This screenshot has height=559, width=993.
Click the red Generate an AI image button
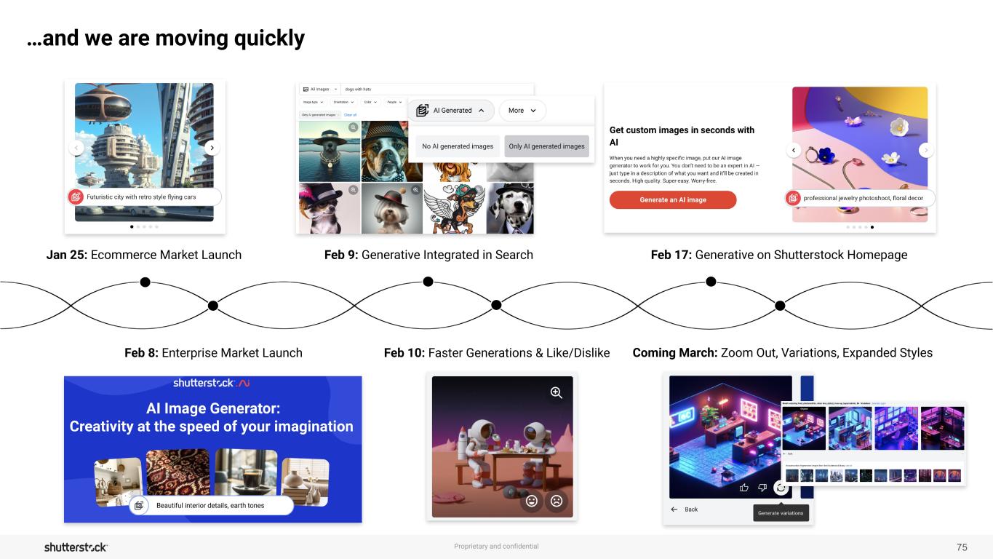coord(672,199)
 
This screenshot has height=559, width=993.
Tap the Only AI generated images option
coord(546,146)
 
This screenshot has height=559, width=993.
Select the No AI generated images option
coord(458,146)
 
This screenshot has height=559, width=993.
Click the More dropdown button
coord(522,111)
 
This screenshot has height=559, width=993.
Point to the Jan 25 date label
coord(66,255)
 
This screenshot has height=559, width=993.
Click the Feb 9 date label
coord(340,255)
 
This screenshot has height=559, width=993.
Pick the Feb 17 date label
coord(671,255)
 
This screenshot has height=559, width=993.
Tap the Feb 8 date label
coord(141,353)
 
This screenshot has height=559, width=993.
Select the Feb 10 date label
coord(404,353)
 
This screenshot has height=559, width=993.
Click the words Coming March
coord(674,353)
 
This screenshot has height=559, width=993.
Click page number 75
coord(962,547)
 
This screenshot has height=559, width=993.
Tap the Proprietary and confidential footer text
coord(496,547)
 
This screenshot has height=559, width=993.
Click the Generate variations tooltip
coord(781,513)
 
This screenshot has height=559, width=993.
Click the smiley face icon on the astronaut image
coord(532,501)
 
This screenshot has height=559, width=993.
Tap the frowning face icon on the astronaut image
coord(557,501)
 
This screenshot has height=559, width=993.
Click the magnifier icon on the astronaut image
coord(557,393)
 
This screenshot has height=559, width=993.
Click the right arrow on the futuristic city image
coord(211,148)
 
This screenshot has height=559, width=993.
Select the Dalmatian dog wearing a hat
coord(510,208)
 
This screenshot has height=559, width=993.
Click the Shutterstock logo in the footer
coord(76,547)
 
